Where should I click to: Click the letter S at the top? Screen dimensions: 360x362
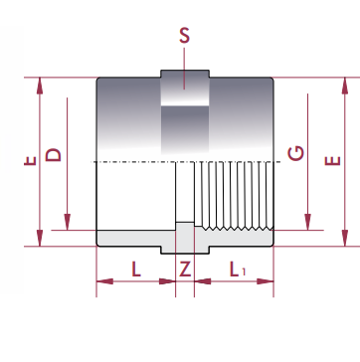point(184,36)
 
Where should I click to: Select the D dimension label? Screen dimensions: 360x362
point(54,155)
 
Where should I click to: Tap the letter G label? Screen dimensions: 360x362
point(296,153)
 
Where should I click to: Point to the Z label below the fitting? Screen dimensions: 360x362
point(185,269)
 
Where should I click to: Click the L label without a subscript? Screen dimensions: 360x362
point(136,269)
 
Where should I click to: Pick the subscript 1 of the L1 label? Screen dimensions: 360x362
point(244,271)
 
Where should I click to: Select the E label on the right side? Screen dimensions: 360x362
point(332,160)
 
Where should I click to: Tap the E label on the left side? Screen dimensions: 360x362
point(30,161)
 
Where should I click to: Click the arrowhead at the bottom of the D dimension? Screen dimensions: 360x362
point(68,222)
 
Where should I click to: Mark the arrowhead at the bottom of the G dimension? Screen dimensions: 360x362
point(307,222)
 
